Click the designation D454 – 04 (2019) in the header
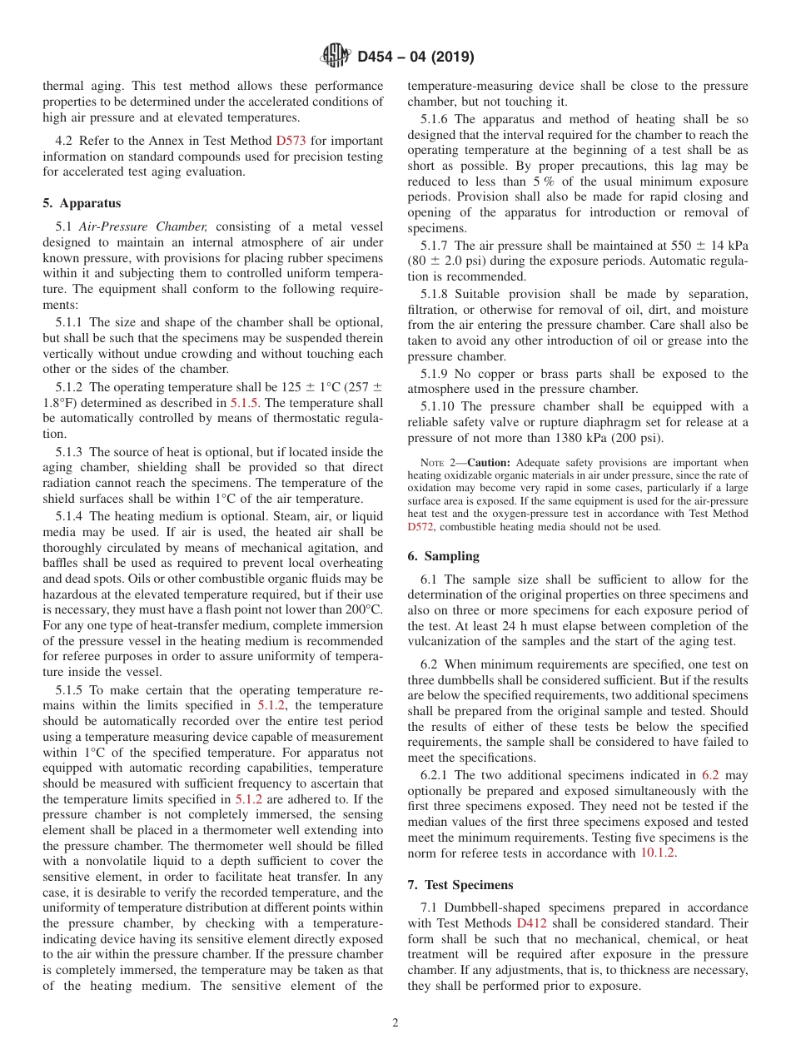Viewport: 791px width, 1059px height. [x=415, y=57]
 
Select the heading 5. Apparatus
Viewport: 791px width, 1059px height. [x=81, y=203]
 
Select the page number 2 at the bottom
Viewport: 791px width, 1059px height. [x=395, y=1023]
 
